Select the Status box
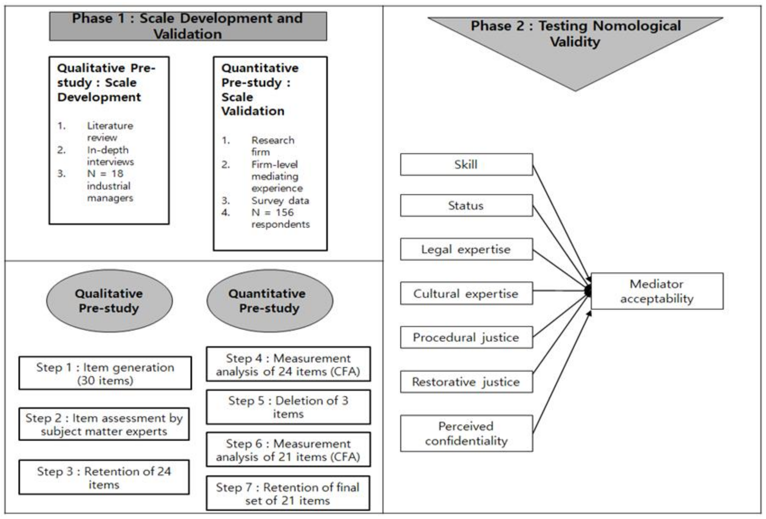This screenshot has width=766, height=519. [466, 205]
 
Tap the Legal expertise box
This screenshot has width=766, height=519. [466, 249]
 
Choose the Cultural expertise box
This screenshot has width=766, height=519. [466, 293]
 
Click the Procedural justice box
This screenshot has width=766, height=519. [466, 337]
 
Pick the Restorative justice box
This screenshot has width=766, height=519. [466, 382]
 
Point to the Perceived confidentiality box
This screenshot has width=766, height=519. [466, 433]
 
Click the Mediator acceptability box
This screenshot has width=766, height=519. [657, 291]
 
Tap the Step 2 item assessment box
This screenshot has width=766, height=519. [104, 424]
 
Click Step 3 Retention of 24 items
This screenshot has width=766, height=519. [104, 477]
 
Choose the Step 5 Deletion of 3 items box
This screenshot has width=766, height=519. [288, 407]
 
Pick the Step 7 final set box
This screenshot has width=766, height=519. [288, 493]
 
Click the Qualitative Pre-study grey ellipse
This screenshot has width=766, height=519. [109, 301]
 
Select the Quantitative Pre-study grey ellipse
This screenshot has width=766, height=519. [270, 301]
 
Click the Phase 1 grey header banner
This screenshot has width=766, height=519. [188, 26]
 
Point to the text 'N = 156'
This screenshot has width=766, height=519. [272, 212]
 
